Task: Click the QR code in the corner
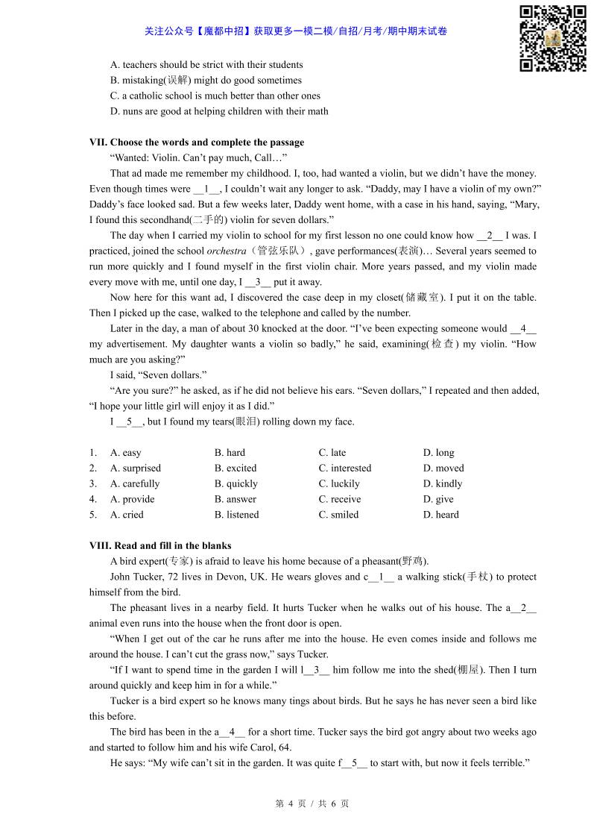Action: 552,39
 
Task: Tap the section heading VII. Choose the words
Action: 197,142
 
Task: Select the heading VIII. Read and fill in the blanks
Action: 160,545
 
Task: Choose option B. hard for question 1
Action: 230,453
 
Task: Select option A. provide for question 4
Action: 132,499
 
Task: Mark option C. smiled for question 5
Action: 338,515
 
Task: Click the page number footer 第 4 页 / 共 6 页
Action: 312,803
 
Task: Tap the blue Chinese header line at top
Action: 296,31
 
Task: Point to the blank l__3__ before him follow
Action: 315,670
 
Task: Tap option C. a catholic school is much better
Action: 215,95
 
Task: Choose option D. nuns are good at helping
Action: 218,111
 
